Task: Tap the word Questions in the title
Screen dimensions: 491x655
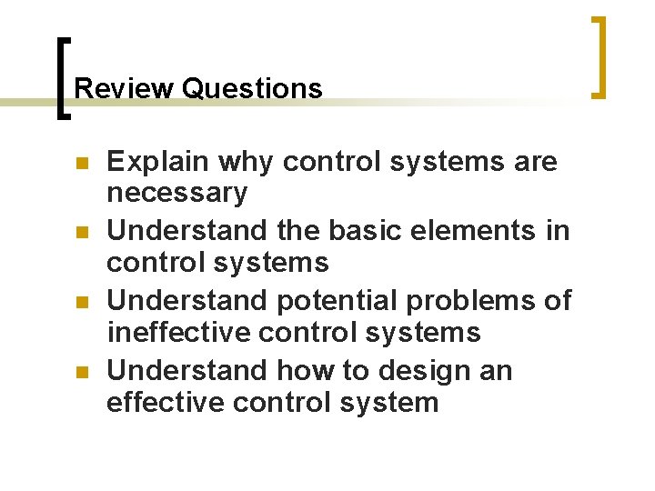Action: click(x=252, y=88)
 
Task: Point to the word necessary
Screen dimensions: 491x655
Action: click(x=176, y=193)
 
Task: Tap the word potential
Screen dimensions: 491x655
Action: click(x=340, y=300)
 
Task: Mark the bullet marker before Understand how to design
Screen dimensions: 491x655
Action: click(x=79, y=372)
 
